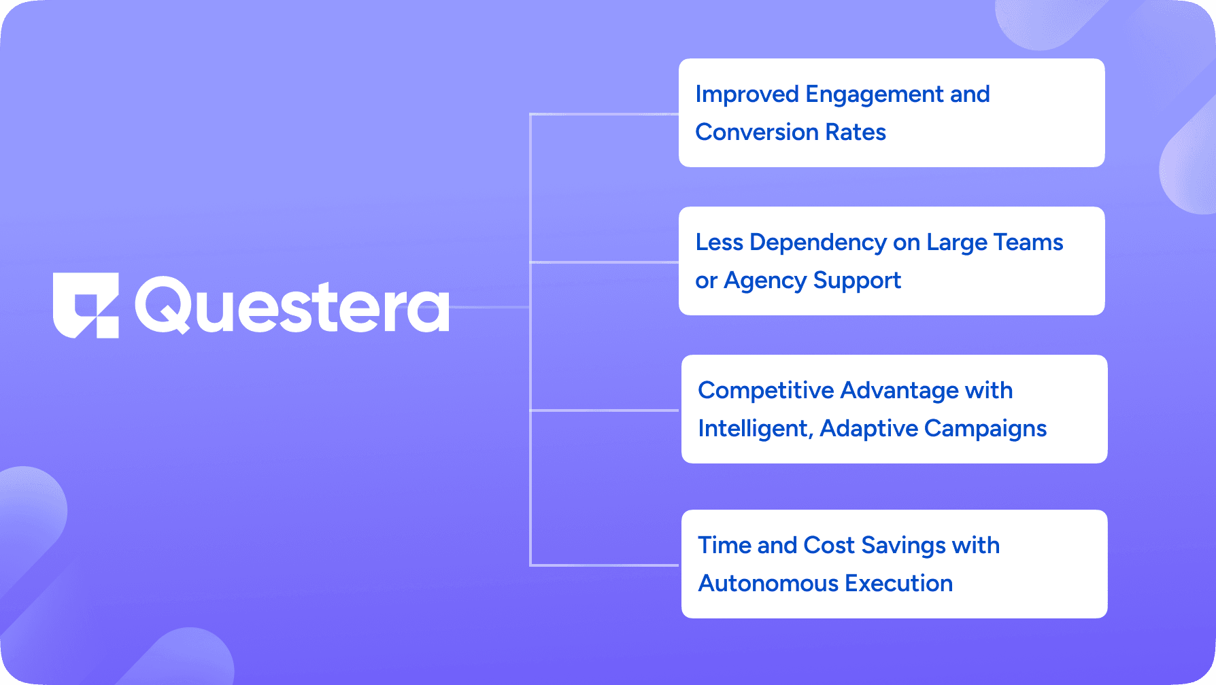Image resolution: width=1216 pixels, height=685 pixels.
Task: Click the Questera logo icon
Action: [x=86, y=305]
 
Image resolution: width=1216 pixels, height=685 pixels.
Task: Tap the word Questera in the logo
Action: [x=292, y=306]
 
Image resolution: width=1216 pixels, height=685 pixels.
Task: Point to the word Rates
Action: [x=856, y=132]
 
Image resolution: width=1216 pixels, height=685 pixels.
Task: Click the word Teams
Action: [x=1028, y=242]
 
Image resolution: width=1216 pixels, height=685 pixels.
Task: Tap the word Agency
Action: [x=765, y=281]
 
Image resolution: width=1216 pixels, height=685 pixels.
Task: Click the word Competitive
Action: [x=766, y=391]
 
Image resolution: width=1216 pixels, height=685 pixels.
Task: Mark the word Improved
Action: [x=747, y=95]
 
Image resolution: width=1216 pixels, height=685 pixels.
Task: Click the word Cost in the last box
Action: [x=829, y=545]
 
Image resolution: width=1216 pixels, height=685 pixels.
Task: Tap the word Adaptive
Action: [x=868, y=429]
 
